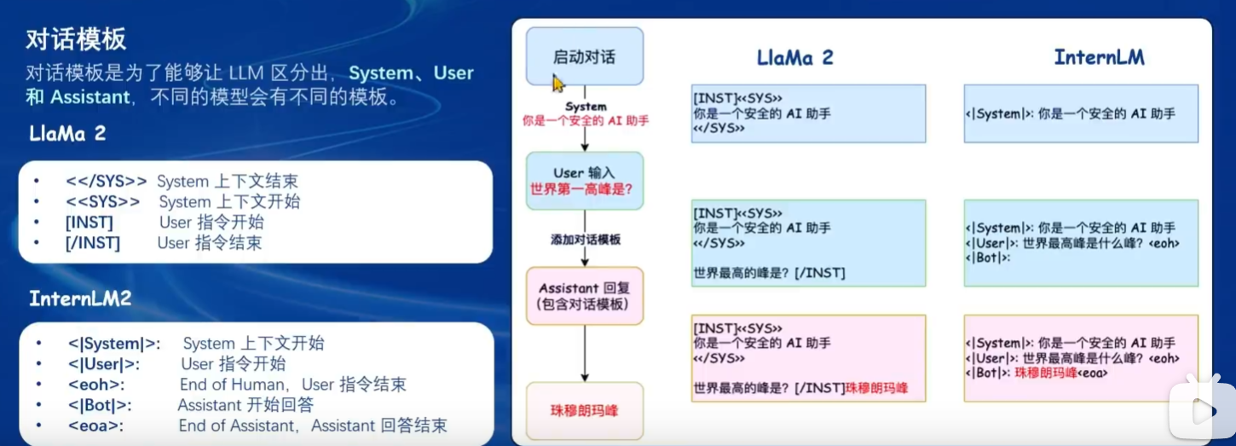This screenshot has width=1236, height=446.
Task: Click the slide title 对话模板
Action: click(x=77, y=38)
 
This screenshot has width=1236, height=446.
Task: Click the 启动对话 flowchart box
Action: click(x=584, y=57)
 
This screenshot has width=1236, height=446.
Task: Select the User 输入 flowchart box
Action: click(x=584, y=181)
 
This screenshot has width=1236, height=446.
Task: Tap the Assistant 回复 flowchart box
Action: click(x=584, y=296)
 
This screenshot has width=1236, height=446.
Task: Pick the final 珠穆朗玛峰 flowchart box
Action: click(x=584, y=410)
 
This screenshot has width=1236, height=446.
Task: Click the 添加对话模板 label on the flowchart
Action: click(x=586, y=240)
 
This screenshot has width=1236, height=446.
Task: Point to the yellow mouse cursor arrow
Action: click(x=557, y=83)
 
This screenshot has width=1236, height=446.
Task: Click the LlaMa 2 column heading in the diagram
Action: click(x=794, y=58)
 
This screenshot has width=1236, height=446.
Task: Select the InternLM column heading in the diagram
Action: click(x=1099, y=58)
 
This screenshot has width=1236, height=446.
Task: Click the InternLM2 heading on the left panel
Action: click(x=80, y=298)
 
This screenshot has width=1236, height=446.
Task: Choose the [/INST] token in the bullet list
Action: click(x=93, y=243)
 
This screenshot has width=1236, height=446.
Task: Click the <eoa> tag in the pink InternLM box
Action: click(x=1093, y=374)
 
